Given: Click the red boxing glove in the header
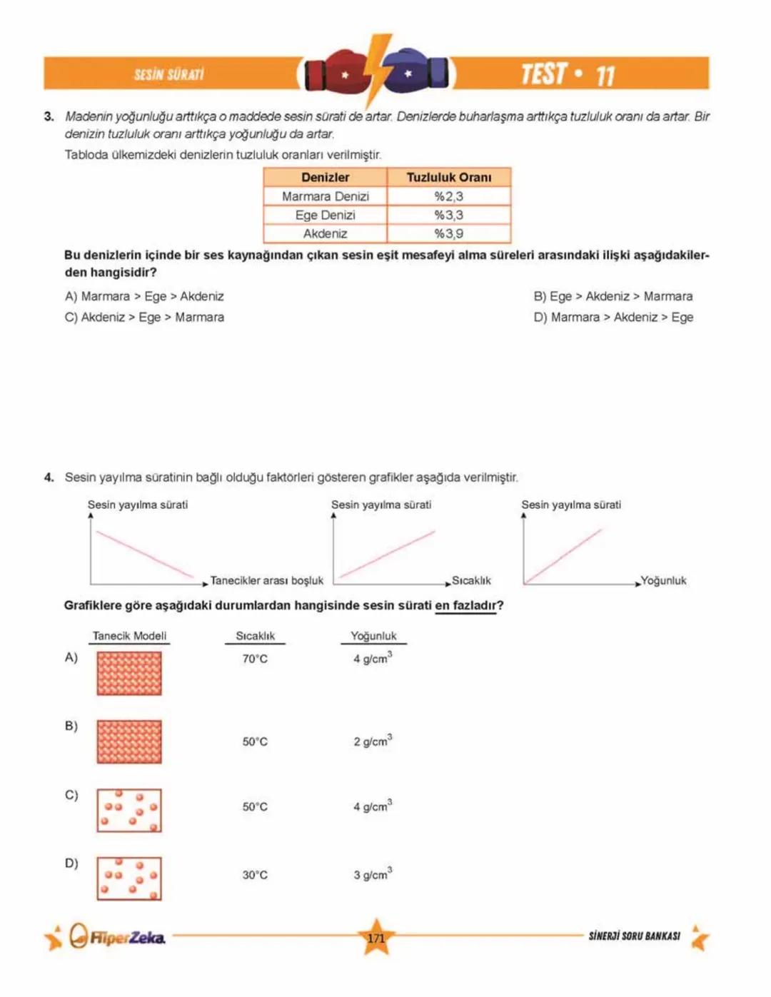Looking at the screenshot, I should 336,74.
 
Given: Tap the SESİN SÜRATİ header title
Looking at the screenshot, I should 169,74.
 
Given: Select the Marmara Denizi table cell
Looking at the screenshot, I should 325,196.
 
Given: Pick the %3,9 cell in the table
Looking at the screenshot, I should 448,233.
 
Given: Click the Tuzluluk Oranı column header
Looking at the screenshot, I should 448,177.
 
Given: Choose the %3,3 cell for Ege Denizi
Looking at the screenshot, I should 448,215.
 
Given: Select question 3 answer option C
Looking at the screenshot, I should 144,317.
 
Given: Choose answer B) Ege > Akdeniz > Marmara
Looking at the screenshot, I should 613,296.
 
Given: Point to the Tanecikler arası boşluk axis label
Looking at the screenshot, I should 267,580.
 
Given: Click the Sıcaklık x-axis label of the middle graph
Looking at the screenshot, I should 471,580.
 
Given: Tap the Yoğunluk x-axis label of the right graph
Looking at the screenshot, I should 663,580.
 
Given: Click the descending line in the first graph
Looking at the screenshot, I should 143,553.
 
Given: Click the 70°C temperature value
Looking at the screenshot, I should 255,659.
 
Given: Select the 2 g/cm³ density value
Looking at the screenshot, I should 372,742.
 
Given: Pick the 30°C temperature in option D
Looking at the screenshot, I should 255,875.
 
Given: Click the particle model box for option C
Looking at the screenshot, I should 129,810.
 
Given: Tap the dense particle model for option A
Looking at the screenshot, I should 129,673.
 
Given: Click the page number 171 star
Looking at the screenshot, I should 376,937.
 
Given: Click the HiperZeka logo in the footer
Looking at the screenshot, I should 118,936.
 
